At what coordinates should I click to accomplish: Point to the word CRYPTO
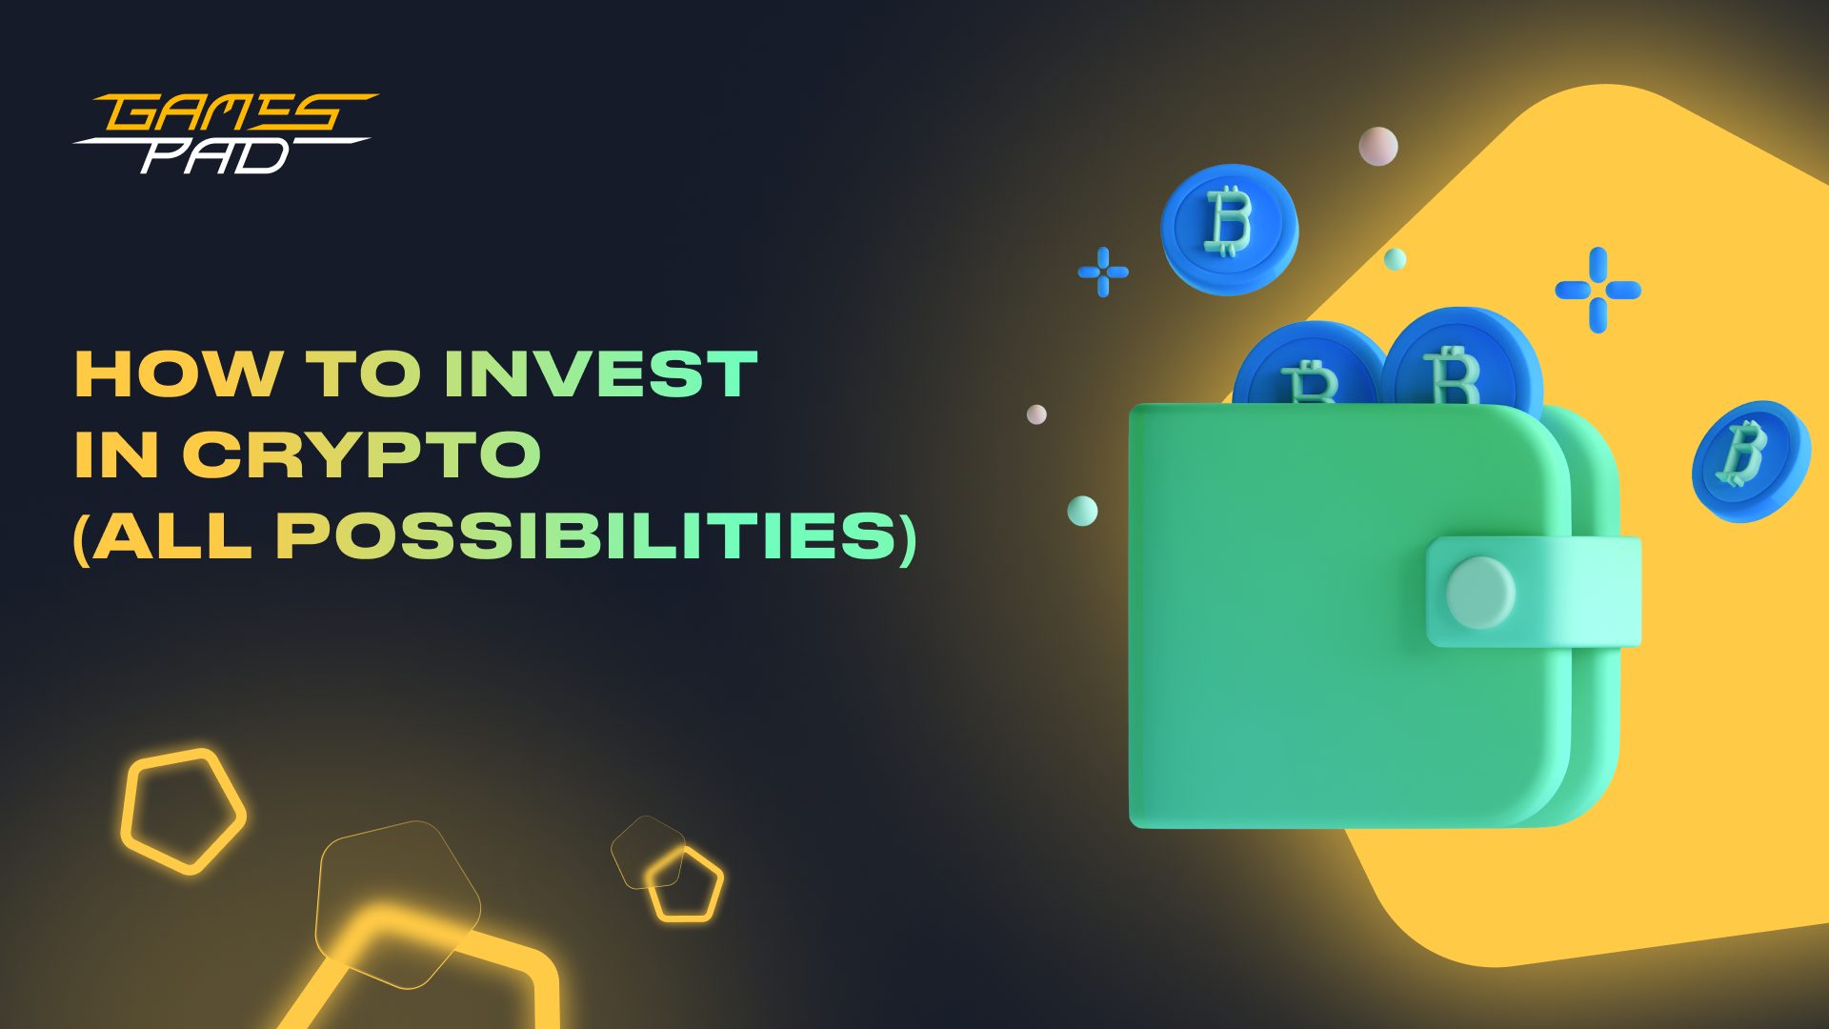coord(362,454)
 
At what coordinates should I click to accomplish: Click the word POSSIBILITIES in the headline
coord(587,536)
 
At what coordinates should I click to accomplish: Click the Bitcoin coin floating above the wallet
coord(1229,229)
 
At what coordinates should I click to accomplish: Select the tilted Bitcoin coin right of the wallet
coord(1751,461)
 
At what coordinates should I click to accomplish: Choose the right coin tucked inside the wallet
coord(1461,357)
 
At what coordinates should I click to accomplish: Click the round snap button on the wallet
coord(1480,593)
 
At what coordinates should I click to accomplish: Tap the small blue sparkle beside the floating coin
coord(1103,272)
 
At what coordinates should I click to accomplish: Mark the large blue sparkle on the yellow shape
coord(1598,290)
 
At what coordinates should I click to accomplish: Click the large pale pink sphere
coord(1378,147)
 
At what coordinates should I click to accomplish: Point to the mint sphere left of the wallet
coord(1082,511)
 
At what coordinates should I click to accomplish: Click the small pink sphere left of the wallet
coord(1036,414)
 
